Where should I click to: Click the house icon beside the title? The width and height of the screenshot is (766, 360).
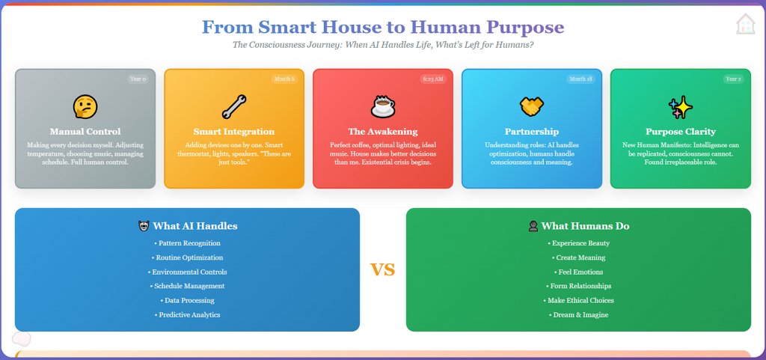746,23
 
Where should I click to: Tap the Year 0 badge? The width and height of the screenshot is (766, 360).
138,79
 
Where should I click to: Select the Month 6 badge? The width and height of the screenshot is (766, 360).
284,79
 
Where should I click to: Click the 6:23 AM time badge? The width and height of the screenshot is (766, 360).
433,79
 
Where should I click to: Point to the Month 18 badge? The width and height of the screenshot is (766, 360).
580,79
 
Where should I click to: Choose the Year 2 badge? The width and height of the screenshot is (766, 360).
733,79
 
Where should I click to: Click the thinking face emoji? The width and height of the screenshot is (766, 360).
85,106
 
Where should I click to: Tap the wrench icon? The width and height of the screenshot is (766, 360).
234,106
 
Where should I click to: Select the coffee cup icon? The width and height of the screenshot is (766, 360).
383,106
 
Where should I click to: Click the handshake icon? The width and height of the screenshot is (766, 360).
532,106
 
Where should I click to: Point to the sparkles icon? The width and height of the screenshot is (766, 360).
681,106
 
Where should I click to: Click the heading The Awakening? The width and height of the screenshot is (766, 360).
383,132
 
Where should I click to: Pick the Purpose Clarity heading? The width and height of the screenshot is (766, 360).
681,132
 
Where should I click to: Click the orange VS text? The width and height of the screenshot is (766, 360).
382,269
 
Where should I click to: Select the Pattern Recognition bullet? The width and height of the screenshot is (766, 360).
187,243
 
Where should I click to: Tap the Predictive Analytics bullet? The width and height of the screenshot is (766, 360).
187,315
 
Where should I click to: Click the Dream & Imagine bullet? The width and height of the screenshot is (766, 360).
578,315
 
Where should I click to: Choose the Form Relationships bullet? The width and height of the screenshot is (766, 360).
578,286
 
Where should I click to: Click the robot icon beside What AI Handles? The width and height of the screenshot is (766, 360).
144,226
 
